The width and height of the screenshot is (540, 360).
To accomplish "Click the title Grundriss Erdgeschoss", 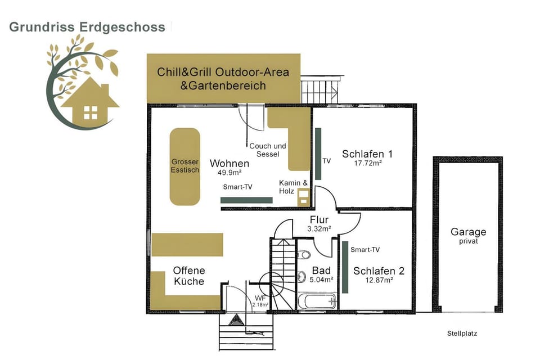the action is pyautogui.click(x=87, y=27).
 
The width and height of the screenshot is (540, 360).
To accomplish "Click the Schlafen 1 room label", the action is pyautogui.click(x=367, y=154).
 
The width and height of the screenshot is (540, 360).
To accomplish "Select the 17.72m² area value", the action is pyautogui.click(x=368, y=163).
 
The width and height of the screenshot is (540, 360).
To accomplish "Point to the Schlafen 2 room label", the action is pyautogui.click(x=379, y=271).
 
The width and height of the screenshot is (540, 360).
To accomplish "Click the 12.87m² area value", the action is pyautogui.click(x=379, y=280).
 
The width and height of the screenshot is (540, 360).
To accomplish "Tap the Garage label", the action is pyautogui.click(x=469, y=232).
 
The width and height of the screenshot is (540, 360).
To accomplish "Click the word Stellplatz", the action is pyautogui.click(x=462, y=333).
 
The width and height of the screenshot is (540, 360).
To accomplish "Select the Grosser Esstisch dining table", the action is pyautogui.click(x=185, y=166).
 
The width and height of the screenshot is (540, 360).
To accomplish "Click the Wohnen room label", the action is pyautogui.click(x=229, y=163).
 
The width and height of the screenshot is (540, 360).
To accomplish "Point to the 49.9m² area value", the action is pyautogui.click(x=229, y=172).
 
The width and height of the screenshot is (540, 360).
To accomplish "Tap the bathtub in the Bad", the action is pyautogui.click(x=317, y=301).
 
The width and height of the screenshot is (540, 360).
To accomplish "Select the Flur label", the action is pyautogui.click(x=319, y=219).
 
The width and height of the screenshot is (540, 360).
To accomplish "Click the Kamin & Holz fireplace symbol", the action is pyautogui.click(x=304, y=197).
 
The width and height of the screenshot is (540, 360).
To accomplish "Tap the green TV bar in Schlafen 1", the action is pyautogui.click(x=318, y=154).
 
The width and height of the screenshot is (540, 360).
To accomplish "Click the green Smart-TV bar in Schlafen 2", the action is pyautogui.click(x=345, y=267).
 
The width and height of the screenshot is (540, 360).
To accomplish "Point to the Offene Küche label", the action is pyautogui.click(x=189, y=276).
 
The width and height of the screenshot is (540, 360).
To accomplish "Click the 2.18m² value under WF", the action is pyautogui.click(x=260, y=304).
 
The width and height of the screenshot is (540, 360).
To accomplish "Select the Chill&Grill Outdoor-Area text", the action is pyautogui.click(x=223, y=72).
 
